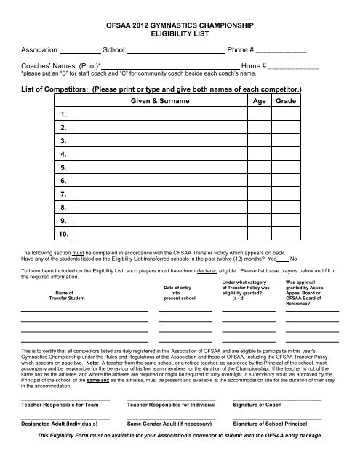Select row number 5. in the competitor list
[x=65, y=168]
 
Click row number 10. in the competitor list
[x=65, y=233]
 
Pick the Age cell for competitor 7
[x=252, y=194]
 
